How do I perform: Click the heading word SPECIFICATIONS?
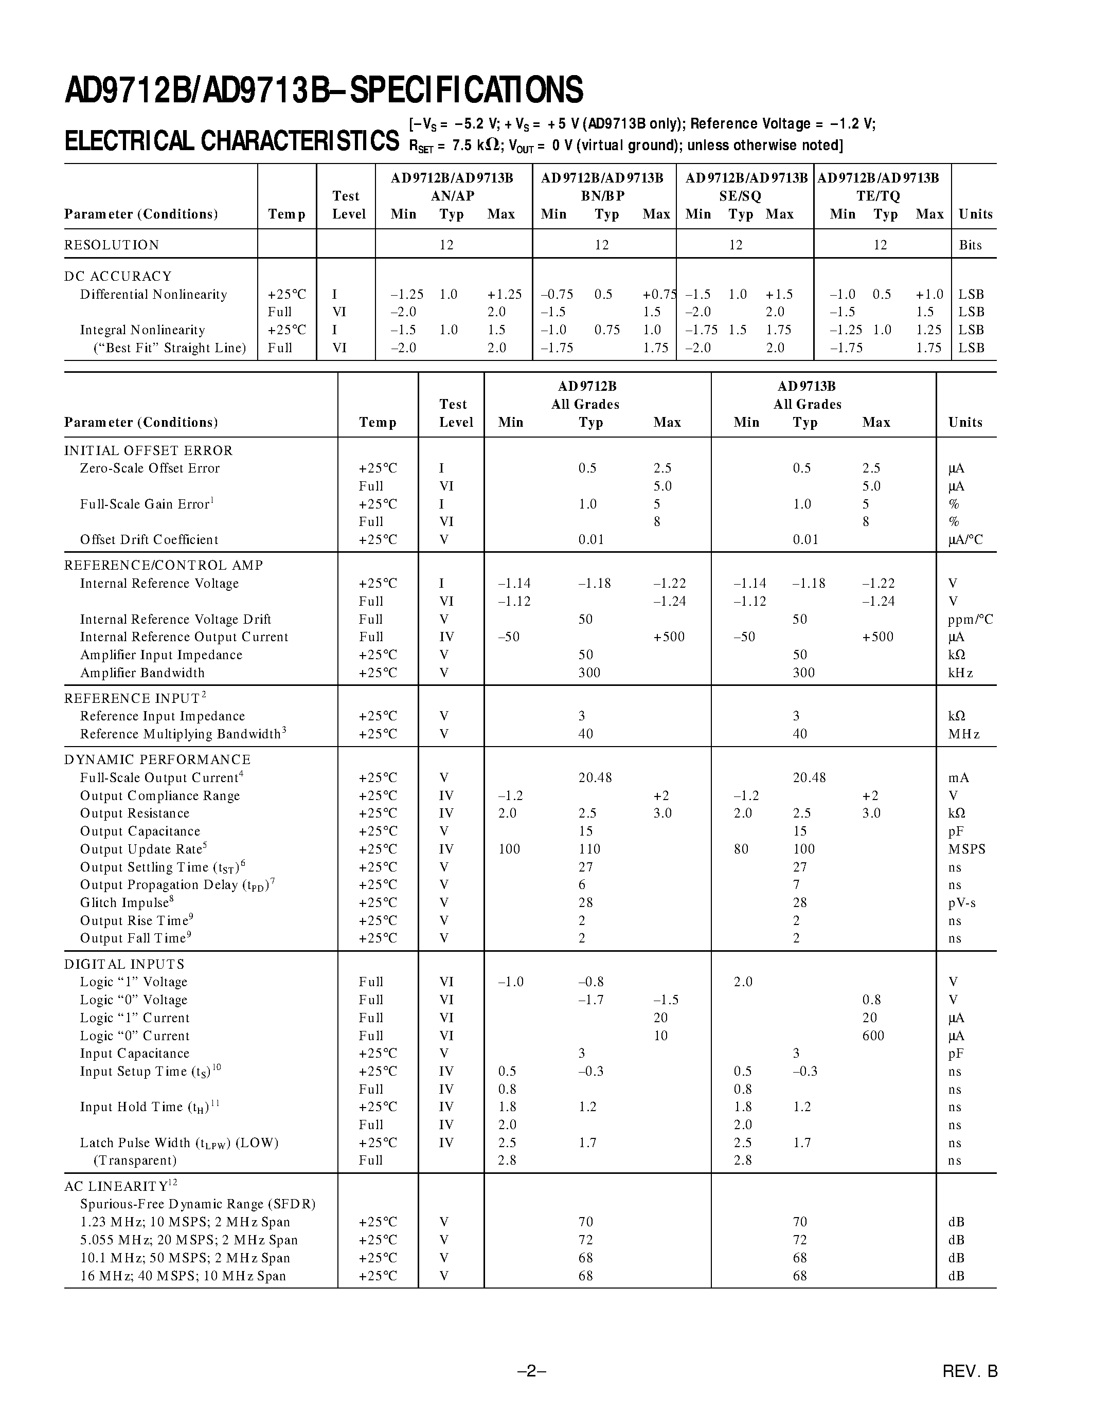coord(466,90)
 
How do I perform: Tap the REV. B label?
coord(970,1371)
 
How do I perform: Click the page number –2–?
coord(532,1371)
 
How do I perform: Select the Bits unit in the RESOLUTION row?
coord(970,245)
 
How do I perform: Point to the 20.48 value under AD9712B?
coord(595,777)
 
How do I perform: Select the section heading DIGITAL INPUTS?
coord(124,964)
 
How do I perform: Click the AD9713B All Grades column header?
coord(807,395)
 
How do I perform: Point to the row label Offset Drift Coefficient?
coord(149,540)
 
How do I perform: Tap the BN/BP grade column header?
coord(602,195)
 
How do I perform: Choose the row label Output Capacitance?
coord(140,831)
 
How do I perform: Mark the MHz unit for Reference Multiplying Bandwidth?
coord(963,734)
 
